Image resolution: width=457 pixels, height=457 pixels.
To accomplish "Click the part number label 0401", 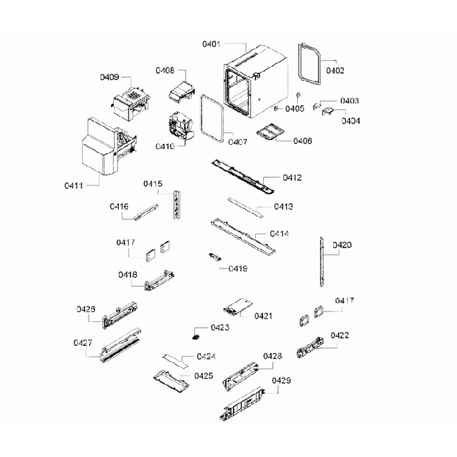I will (x=212, y=44).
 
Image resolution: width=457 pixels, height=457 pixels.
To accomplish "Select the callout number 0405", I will (x=295, y=108).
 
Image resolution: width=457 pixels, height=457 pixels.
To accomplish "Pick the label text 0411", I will (x=73, y=186).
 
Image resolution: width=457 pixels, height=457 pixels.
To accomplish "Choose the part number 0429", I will (x=281, y=380).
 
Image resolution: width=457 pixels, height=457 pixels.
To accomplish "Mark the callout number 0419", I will (x=238, y=269).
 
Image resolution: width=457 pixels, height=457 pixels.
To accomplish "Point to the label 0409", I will (x=109, y=77).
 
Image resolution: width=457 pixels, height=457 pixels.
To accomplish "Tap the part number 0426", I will (x=85, y=308).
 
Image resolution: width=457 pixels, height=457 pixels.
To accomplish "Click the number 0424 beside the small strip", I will (x=206, y=356).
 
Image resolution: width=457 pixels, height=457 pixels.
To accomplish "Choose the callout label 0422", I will (x=340, y=335).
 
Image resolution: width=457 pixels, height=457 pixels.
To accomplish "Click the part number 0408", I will (x=165, y=71).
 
